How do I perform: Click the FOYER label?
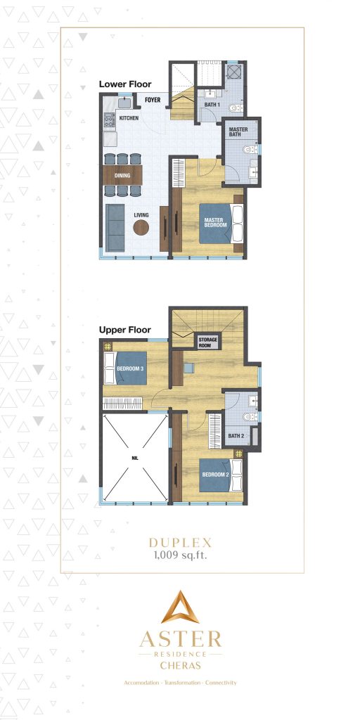(x=153, y=101)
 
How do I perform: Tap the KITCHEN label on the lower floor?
(x=128, y=118)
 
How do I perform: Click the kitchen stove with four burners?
(x=109, y=120)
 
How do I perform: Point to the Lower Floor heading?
(x=124, y=84)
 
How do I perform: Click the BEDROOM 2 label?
(x=214, y=475)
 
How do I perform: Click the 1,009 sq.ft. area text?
(x=181, y=555)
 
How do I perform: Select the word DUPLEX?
(x=181, y=543)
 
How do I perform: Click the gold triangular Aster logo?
(x=181, y=608)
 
